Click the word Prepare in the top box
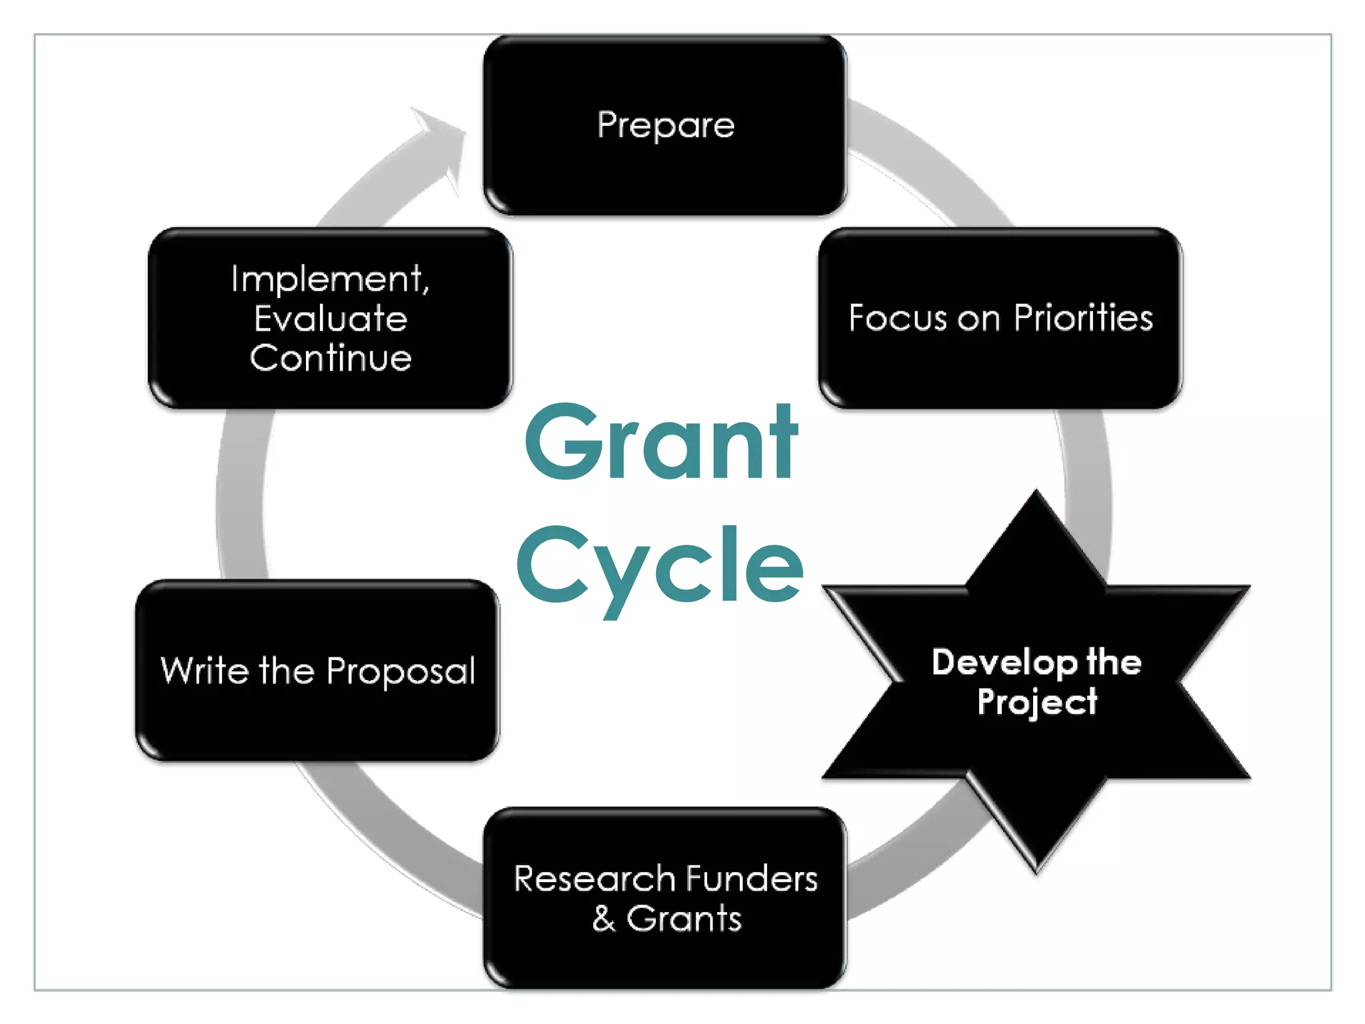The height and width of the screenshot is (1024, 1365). tap(665, 125)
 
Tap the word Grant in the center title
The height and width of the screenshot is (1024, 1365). tap(661, 443)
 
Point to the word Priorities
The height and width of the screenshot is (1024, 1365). tap(1083, 318)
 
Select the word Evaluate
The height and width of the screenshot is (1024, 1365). tap(331, 319)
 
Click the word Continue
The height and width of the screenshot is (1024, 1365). tap(331, 358)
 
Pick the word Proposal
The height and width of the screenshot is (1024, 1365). tap(401, 671)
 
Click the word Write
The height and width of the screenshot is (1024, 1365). tap(203, 670)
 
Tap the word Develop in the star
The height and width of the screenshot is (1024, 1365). tap(1004, 663)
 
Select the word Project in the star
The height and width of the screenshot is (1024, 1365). tap(1037, 702)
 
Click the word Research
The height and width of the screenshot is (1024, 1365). tap(594, 879)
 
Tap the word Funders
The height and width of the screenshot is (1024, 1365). tap(751, 879)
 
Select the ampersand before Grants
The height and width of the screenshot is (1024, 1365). tap(604, 919)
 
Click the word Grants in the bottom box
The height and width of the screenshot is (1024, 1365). tap(684, 919)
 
